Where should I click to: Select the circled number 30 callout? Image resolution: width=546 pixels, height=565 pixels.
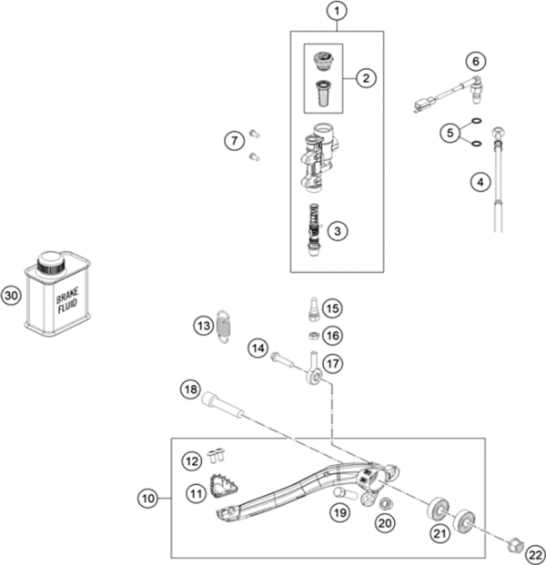(11, 296)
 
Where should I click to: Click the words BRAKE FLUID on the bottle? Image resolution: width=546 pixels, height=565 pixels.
(67, 303)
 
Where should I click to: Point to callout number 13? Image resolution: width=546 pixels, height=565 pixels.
(204, 324)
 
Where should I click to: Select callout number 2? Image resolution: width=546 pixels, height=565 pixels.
(365, 77)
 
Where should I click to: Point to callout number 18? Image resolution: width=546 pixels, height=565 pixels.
(188, 389)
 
